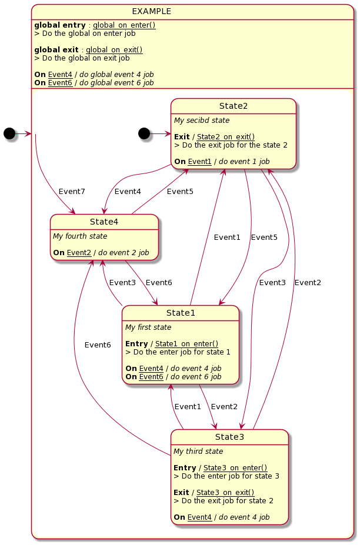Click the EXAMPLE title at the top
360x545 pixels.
point(151,11)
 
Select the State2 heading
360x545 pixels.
point(233,106)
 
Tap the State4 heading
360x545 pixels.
point(104,222)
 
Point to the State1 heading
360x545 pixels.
point(180,313)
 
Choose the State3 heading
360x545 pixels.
point(229,437)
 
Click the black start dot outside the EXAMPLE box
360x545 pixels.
point(9,133)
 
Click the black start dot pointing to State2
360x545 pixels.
point(144,133)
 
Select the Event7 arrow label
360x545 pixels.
point(72,192)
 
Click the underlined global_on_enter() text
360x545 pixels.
point(124,25)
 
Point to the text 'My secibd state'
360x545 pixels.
point(201,121)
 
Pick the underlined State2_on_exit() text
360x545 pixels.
point(226,136)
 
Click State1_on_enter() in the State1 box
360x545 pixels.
point(186,343)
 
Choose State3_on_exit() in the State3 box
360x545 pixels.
point(225,492)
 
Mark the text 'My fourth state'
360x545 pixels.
point(80,236)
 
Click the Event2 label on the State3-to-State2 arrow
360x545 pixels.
point(308,283)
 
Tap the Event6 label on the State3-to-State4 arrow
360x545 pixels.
point(97,345)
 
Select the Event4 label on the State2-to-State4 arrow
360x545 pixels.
point(128,192)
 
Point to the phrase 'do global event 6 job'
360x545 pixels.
point(116,83)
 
